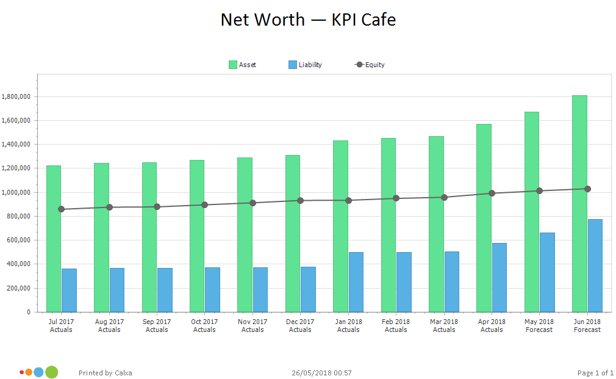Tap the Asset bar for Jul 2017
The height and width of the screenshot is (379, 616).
coord(54,239)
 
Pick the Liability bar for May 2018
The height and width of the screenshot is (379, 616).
coord(547,272)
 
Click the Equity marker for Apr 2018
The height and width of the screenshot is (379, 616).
coord(492,193)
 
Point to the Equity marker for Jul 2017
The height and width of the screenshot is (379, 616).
coord(61,209)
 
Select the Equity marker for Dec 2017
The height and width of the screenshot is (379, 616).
coord(300,200)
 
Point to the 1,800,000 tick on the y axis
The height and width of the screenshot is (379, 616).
coord(16,96)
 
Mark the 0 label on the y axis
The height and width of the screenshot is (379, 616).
coord(28,312)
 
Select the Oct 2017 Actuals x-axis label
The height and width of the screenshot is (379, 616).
coord(204,326)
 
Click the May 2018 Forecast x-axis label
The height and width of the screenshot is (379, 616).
coord(539,326)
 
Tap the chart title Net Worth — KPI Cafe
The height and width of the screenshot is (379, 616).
coord(308,20)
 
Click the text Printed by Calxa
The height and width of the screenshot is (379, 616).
coord(106,373)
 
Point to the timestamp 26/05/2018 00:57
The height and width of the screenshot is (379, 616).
coord(321,373)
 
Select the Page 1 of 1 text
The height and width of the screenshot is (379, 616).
coord(595,373)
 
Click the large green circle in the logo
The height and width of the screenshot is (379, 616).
coord(52,372)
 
